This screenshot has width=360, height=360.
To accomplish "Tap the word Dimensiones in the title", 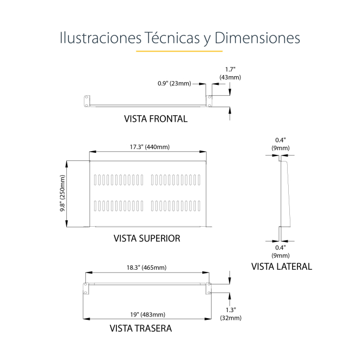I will (x=257, y=38).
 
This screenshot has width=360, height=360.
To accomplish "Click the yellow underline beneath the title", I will (x=179, y=52).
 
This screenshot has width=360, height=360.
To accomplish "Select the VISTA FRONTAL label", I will (x=156, y=119).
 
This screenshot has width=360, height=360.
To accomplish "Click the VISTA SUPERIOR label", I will (x=147, y=238).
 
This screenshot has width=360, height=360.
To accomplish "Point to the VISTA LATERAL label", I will (x=282, y=266).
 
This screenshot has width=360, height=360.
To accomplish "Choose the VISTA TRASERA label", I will (x=141, y=328).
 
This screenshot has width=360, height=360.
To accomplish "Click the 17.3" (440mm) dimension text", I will (x=150, y=147).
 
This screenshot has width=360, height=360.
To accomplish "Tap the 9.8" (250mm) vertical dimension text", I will (x=63, y=194).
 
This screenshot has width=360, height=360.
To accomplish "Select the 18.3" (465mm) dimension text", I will (x=147, y=268).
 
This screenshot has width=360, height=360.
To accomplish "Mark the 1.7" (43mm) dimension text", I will (x=230, y=73).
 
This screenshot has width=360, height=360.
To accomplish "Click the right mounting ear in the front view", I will (x=209, y=100).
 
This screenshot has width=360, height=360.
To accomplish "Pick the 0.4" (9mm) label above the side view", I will (x=281, y=144).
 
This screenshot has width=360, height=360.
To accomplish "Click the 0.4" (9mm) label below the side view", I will (x=281, y=252).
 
